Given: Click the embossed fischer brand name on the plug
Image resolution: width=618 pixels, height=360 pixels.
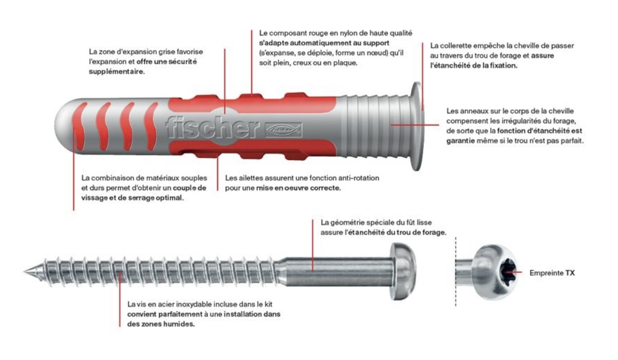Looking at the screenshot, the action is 212,127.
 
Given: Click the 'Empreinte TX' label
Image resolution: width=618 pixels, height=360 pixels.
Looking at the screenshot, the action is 552,272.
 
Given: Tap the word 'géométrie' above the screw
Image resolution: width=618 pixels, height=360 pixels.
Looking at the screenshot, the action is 346,223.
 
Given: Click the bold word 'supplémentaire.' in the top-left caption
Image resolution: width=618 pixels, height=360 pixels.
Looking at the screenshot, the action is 117,72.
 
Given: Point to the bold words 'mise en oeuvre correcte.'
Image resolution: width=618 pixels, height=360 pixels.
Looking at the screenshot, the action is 298,188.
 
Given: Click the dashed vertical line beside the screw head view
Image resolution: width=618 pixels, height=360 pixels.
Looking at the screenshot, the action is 456,272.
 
